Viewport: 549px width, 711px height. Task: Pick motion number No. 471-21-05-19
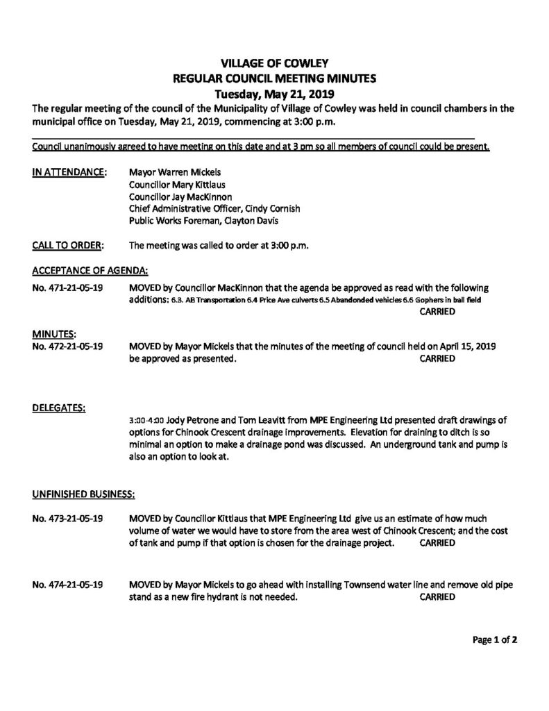[x=68, y=287]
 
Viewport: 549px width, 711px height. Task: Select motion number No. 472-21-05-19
[x=68, y=346]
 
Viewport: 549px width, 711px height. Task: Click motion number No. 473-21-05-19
[x=68, y=519]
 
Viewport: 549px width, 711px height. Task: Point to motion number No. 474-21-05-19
[x=68, y=584]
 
